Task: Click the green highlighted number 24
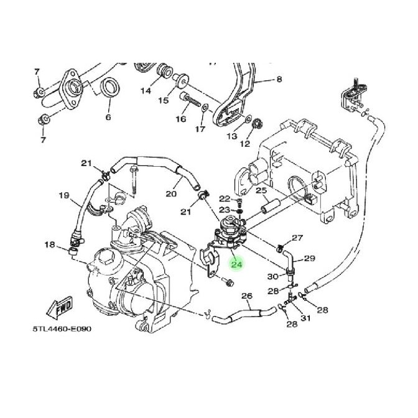pyautogui.click(x=236, y=264)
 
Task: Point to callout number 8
pyautogui.click(x=279, y=79)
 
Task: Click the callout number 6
pyautogui.click(x=108, y=117)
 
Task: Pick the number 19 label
pyautogui.click(x=63, y=195)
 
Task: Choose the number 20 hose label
pyautogui.click(x=171, y=193)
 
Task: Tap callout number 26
pyautogui.click(x=246, y=296)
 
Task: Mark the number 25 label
pyautogui.click(x=261, y=190)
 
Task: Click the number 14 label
pyautogui.click(x=146, y=91)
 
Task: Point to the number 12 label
pyautogui.click(x=244, y=144)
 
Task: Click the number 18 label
pyautogui.click(x=51, y=246)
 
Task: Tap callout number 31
pyautogui.click(x=304, y=319)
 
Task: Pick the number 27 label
pyautogui.click(x=297, y=238)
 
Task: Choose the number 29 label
pyautogui.click(x=309, y=258)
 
